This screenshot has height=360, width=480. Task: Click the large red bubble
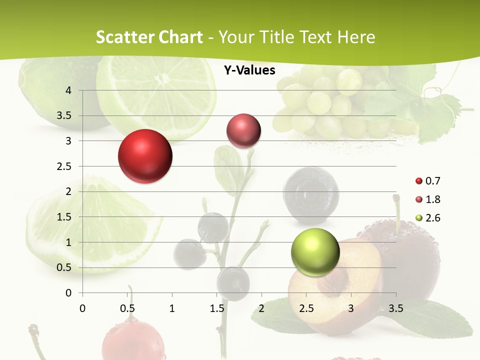click(145, 156)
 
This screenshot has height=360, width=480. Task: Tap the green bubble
click(315, 252)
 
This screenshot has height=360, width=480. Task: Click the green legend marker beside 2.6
click(419, 218)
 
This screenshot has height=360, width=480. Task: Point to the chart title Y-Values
click(249, 70)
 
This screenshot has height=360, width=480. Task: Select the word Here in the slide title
click(356, 37)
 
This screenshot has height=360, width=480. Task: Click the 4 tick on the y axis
click(68, 90)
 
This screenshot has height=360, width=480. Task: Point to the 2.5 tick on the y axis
click(64, 166)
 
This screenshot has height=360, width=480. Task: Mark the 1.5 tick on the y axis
click(64, 217)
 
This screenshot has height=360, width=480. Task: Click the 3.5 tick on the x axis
click(395, 308)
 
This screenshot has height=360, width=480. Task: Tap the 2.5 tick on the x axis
click(306, 308)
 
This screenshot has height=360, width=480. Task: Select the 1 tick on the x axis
click(172, 308)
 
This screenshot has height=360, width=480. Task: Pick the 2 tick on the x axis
click(261, 308)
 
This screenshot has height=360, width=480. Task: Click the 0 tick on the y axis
click(68, 293)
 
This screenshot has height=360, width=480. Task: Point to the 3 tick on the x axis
click(351, 308)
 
